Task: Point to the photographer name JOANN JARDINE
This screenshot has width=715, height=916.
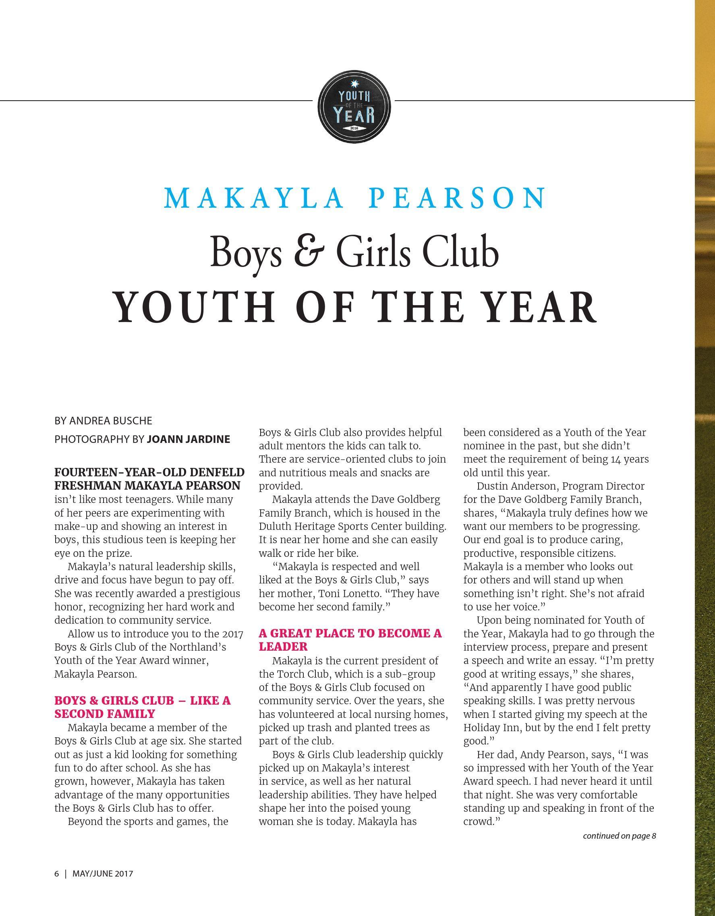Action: click(189, 439)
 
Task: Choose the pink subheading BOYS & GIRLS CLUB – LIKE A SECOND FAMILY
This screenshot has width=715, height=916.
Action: click(142, 707)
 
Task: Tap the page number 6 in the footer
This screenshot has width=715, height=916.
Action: click(57, 874)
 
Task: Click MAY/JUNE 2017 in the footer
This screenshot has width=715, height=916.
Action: click(103, 874)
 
